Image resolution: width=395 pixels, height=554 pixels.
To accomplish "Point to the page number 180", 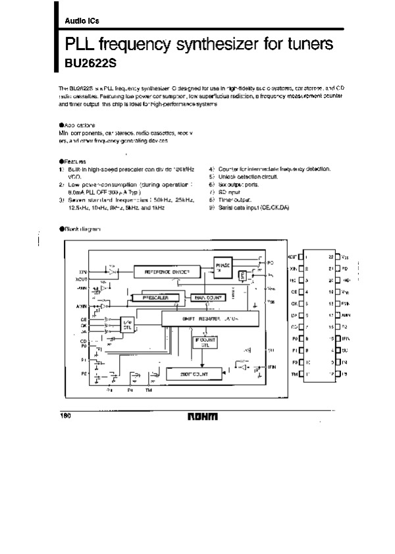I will [65, 416].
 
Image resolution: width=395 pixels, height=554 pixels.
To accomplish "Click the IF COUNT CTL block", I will [204, 342].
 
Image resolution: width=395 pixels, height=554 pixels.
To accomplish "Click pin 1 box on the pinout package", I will [300, 257].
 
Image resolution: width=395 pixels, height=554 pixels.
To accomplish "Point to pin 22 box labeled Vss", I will [336, 257].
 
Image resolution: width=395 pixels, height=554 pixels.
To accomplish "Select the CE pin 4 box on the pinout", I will [300, 292].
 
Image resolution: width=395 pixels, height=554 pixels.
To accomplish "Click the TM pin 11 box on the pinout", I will [300, 374].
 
